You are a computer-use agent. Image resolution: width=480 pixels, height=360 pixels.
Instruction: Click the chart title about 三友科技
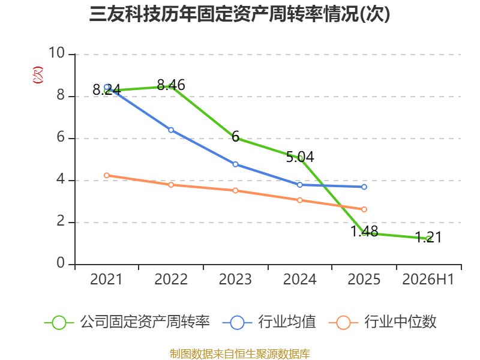[x=239, y=14]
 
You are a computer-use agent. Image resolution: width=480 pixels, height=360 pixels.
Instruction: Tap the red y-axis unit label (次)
[x=38, y=75]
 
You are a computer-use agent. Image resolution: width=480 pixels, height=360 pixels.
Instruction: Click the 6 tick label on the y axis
[x=61, y=137]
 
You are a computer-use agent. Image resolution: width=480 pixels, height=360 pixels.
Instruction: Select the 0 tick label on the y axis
[x=61, y=263]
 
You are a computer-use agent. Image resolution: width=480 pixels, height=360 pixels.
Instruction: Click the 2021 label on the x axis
[x=106, y=279]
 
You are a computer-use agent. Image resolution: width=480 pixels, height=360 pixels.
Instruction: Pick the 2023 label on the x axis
[x=235, y=279]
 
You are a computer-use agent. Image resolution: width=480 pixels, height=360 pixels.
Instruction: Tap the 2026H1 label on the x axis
[x=428, y=279]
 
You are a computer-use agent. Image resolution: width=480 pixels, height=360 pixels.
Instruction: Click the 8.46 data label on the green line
[x=171, y=85]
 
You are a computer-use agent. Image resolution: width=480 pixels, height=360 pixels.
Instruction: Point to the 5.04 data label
[x=300, y=157]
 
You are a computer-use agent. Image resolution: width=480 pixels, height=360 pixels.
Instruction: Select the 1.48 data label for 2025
[x=364, y=231]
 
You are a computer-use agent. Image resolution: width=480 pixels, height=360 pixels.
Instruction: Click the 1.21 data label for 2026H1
[x=428, y=237]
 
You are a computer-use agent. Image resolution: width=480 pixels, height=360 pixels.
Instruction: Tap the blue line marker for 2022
[x=171, y=130]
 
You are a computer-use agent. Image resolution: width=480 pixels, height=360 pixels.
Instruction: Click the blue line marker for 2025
[x=364, y=187]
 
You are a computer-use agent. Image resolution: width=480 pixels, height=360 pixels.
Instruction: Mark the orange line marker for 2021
[x=107, y=175]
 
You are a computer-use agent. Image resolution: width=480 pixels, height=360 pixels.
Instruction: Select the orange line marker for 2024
[x=299, y=200]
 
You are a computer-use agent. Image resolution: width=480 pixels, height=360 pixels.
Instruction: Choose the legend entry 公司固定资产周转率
[x=127, y=322]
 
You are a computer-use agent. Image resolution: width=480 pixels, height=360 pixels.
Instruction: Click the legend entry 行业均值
[x=269, y=322]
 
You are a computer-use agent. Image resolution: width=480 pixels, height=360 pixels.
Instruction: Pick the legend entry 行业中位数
[x=382, y=322]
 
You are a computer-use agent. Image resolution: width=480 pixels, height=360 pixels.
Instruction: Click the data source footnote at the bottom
[x=239, y=354]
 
